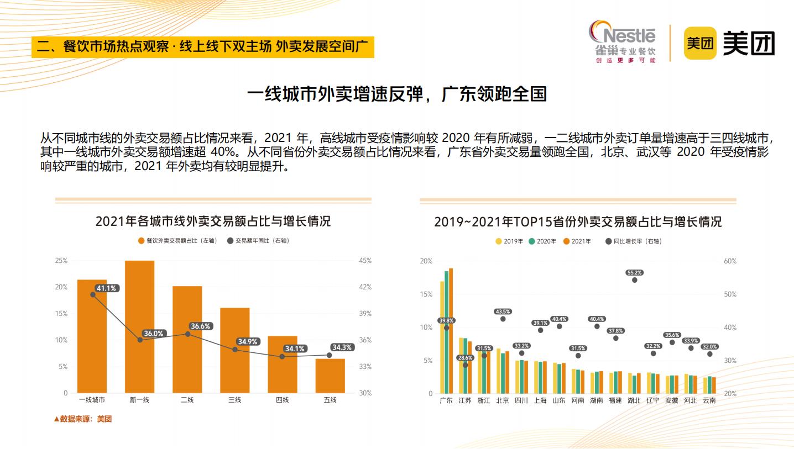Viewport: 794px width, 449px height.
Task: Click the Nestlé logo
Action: [x=622, y=41]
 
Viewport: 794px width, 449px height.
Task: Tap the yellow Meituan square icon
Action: [x=700, y=43]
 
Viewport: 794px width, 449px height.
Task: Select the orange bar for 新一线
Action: [x=139, y=326]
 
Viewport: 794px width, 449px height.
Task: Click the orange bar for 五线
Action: [x=330, y=376]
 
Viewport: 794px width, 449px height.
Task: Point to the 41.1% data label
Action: [x=106, y=288]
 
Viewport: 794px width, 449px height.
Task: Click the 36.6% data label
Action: [x=200, y=326]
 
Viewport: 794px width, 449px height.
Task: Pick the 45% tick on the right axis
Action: [x=365, y=261]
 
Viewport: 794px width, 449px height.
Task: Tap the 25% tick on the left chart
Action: [x=61, y=261]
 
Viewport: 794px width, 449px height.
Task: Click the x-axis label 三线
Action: [x=235, y=400]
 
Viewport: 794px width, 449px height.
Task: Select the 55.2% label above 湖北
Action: [x=634, y=273]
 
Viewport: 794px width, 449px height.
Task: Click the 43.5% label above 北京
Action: [x=503, y=311]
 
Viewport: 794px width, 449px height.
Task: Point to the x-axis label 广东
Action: [x=446, y=400]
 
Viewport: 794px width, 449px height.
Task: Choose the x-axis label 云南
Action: [x=709, y=400]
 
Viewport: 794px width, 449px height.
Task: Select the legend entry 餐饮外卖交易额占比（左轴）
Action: [x=177, y=241]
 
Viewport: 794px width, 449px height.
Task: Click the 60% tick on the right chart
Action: [x=730, y=261]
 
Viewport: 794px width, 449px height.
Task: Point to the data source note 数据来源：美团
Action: [x=83, y=419]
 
